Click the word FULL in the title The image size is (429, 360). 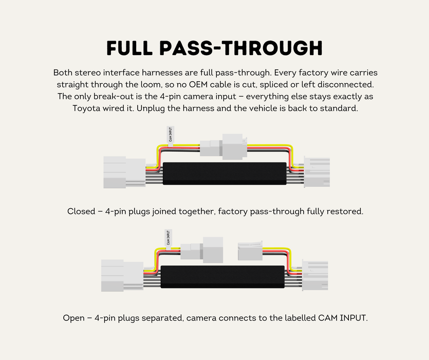click(x=129, y=48)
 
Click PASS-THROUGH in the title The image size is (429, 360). click(x=241, y=48)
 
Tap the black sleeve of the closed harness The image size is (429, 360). click(x=225, y=173)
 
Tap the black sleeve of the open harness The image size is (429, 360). click(x=222, y=277)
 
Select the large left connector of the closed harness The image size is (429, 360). click(x=124, y=172)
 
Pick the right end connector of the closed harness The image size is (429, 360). click(x=317, y=172)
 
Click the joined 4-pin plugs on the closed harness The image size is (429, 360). click(x=223, y=147)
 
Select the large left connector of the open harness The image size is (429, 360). click(x=122, y=275)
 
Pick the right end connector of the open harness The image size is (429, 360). click(x=315, y=275)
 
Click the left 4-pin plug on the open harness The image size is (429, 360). click(x=202, y=250)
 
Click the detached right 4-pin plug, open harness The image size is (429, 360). click(x=250, y=250)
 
